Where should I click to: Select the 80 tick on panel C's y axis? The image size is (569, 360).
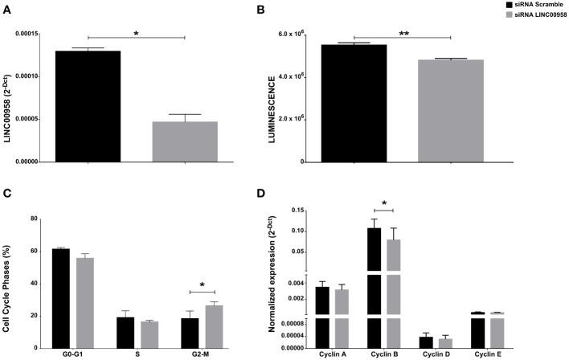pyautogui.click(x=31, y=219)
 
